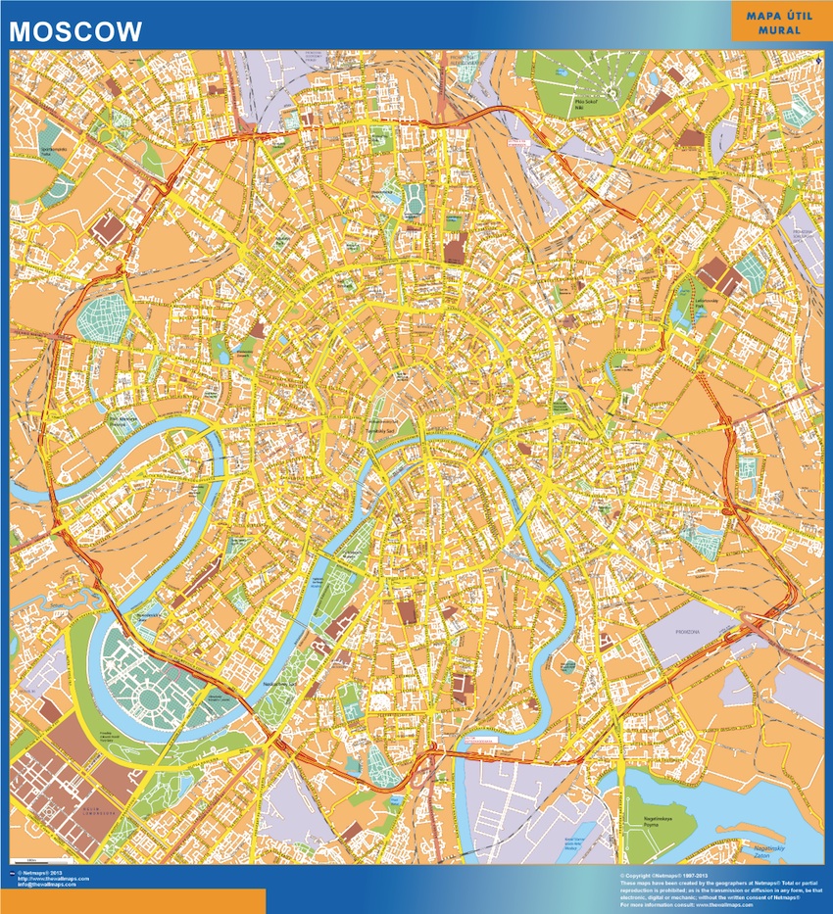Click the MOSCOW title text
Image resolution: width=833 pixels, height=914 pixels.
(75, 30)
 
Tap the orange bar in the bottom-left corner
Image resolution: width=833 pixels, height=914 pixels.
(132, 901)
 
